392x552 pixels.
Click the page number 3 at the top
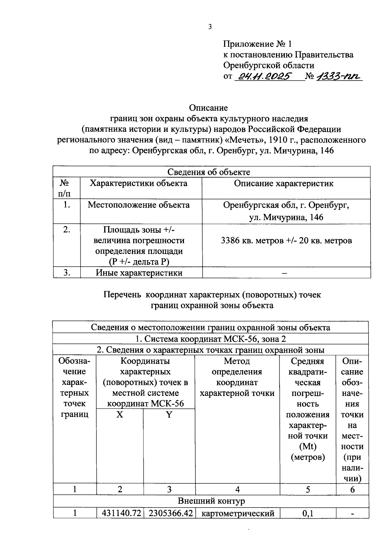[210, 27]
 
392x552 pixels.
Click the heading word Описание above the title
[208, 108]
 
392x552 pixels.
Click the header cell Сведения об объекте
[209, 172]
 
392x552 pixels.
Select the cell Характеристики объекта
[139, 183]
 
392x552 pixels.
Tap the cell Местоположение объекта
[139, 205]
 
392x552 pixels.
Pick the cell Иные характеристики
[139, 273]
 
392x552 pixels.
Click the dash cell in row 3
[284, 273]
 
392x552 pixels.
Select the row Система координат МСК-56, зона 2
[210, 339]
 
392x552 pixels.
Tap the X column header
[120, 415]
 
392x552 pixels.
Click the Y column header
[169, 415]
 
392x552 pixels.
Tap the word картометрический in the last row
[237, 513]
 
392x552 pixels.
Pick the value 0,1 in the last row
[308, 513]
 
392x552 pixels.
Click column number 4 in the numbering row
[237, 489]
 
